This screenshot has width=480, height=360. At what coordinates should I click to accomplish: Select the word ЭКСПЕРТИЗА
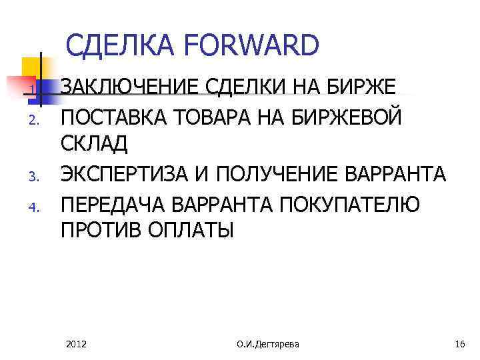pos(126,174)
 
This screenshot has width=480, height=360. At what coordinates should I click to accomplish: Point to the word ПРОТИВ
pos(99,231)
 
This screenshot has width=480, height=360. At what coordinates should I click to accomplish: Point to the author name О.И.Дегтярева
pos(268,344)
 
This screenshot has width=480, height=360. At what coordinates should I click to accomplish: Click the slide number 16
pos(459,344)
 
